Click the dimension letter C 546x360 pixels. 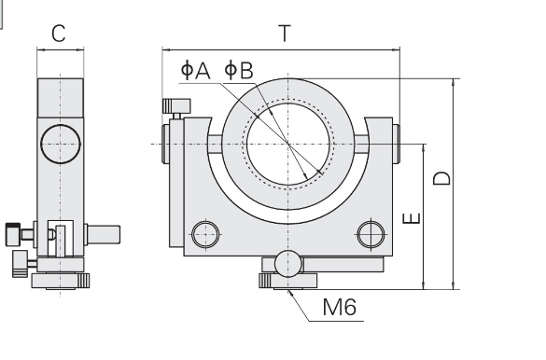point(59,34)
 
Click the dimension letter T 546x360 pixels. point(285,34)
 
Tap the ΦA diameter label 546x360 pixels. point(196,70)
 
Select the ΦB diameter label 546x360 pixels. point(239,70)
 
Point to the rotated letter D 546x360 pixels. point(441,178)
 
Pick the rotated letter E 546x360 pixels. point(412,218)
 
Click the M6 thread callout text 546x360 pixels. point(340,307)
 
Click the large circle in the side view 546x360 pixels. point(61,144)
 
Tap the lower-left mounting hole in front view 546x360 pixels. point(205,234)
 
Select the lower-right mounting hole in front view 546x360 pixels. point(371,234)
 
